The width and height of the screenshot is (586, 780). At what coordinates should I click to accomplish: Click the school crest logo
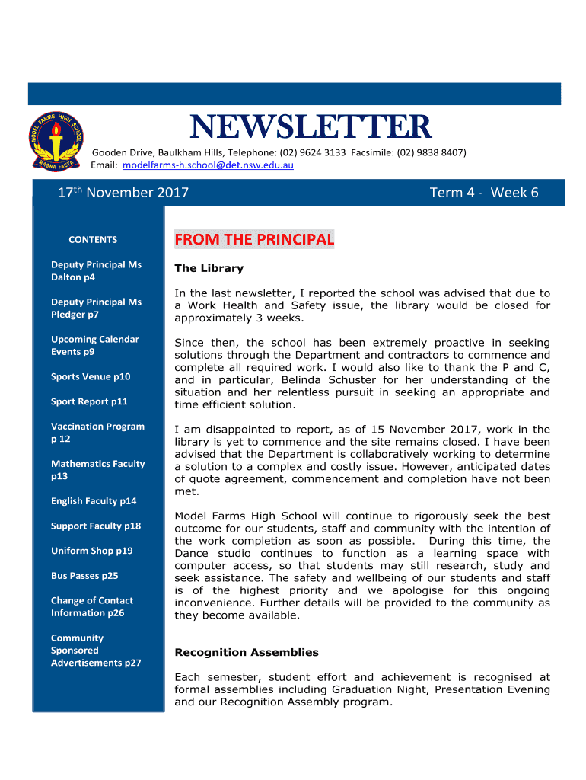[56, 141]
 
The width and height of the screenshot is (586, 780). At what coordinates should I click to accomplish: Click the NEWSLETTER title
[310, 127]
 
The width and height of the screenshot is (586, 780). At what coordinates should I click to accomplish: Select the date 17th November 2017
[123, 193]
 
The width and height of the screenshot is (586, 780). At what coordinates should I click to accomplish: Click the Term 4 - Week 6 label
[484, 193]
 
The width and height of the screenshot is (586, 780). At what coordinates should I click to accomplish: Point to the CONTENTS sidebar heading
[93, 240]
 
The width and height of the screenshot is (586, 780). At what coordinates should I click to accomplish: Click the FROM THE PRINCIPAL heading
[254, 240]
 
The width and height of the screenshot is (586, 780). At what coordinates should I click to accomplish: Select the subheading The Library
[209, 268]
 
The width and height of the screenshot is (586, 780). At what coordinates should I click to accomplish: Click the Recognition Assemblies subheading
[247, 652]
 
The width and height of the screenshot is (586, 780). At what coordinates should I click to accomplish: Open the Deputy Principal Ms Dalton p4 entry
[96, 271]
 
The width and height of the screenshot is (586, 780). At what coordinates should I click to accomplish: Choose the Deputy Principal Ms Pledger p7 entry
[96, 308]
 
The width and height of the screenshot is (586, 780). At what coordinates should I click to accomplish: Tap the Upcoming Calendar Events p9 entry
[94, 346]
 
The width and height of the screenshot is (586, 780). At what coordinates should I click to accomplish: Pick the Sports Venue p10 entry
[91, 376]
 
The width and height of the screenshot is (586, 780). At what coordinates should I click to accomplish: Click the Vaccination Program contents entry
[97, 433]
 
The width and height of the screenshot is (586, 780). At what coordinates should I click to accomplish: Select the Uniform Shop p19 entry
[91, 551]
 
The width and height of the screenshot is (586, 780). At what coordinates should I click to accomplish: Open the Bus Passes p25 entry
[84, 576]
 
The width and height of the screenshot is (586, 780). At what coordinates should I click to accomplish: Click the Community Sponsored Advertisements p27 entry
[96, 651]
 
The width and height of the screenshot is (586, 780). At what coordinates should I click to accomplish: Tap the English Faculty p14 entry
[94, 501]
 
